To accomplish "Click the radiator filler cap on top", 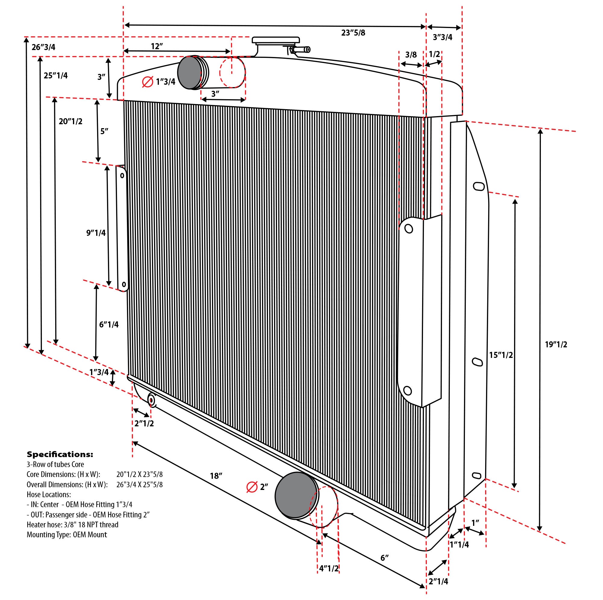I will click(276, 40).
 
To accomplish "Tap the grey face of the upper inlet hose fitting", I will click(189, 72).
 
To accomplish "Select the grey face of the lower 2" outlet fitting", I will click(295, 495).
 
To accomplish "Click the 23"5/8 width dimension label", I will click(353, 33).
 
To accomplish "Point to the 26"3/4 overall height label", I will click(43, 47).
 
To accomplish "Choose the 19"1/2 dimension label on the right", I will click(556, 345).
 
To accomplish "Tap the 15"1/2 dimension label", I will click(501, 355).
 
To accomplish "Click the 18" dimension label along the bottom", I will click(216, 476).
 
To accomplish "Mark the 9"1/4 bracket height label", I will click(96, 232).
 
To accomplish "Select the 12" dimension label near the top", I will click(157, 46).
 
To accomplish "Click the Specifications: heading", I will click(60, 454).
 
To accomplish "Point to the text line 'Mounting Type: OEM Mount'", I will click(67, 535).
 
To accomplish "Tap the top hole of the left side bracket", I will click(122, 176).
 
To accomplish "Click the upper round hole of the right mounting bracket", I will click(409, 229).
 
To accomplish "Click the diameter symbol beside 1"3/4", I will click(147, 82).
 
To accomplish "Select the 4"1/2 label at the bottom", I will click(329, 568).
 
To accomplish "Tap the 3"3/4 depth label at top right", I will click(442, 37).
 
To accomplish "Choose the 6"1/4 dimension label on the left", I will click(109, 325).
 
